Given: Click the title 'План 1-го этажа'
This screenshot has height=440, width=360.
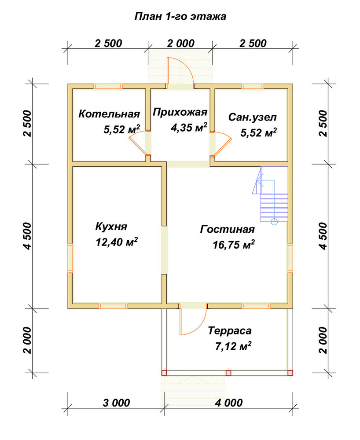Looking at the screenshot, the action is pos(180,17).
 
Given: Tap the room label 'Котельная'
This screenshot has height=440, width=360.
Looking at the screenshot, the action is pos(109,114).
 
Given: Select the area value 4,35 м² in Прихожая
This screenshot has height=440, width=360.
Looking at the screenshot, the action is pos(189,128).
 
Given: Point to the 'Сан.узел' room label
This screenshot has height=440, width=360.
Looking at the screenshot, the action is pos(253,117).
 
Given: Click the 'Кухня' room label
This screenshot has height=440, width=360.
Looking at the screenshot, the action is pos(111,227).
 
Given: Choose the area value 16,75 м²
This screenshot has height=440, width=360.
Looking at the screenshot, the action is pos(233,245).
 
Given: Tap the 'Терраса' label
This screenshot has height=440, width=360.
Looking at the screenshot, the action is pos(230,330).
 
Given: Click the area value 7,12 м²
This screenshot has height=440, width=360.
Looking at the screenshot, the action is pos(233,346).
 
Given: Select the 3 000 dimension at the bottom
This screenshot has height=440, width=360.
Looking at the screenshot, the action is pos(116,403).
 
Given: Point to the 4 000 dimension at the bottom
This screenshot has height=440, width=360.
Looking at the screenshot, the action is pos(229,403).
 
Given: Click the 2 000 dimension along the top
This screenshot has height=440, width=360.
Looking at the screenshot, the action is pos(181,43).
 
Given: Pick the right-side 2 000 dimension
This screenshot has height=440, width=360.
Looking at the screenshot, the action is pos(323,340).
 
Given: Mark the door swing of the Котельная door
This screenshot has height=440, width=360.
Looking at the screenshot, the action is pos(135,143).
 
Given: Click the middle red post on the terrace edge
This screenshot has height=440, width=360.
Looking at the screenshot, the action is pos(228,373).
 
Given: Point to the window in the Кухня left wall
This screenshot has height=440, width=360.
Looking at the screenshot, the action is pos(70,258).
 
